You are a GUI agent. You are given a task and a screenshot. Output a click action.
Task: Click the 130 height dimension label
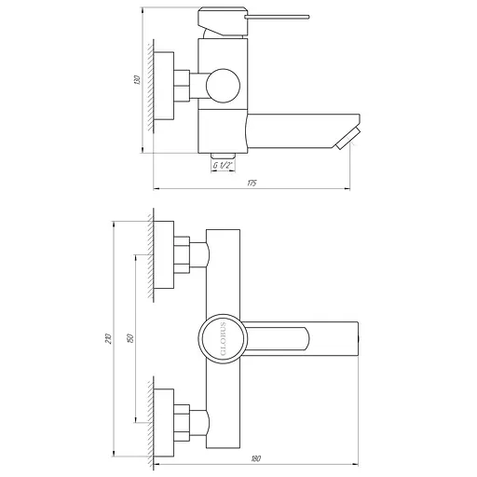click(136, 83)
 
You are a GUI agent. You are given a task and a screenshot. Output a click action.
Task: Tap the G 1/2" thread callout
click(223, 166)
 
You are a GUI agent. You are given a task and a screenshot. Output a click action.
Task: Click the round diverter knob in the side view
click(223, 88)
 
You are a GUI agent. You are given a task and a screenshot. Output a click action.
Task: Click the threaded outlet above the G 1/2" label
click(223, 155)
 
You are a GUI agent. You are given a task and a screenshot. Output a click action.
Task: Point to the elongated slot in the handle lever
click(279, 336)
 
